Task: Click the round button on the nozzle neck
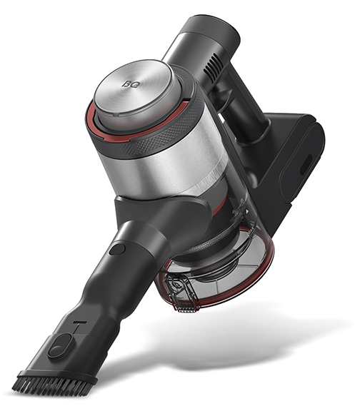117,249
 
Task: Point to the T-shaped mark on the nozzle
79,328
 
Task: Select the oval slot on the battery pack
306,165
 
